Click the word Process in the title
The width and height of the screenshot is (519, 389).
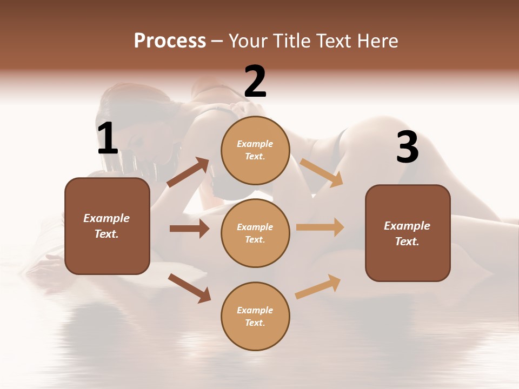tap(170, 41)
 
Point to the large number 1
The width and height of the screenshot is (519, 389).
tap(108, 139)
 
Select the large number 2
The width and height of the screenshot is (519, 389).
tap(255, 81)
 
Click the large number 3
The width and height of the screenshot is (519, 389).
tap(407, 147)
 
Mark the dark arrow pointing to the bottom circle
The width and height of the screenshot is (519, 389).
tap(189, 288)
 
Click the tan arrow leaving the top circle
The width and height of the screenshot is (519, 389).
tap(322, 173)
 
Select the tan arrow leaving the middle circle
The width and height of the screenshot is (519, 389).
tap(320, 227)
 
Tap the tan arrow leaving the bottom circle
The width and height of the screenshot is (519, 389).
tap(318, 286)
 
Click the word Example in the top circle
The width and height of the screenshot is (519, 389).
tap(255, 144)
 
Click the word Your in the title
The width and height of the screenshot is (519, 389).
tap(248, 41)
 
